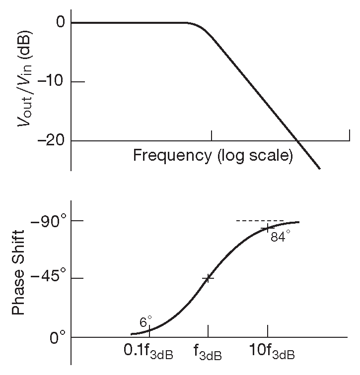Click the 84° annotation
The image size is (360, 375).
[x=280, y=237]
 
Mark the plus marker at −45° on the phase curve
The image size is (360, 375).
[x=208, y=278]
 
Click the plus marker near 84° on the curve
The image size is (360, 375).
[x=268, y=228]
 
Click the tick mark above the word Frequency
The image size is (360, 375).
[x=212, y=135]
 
